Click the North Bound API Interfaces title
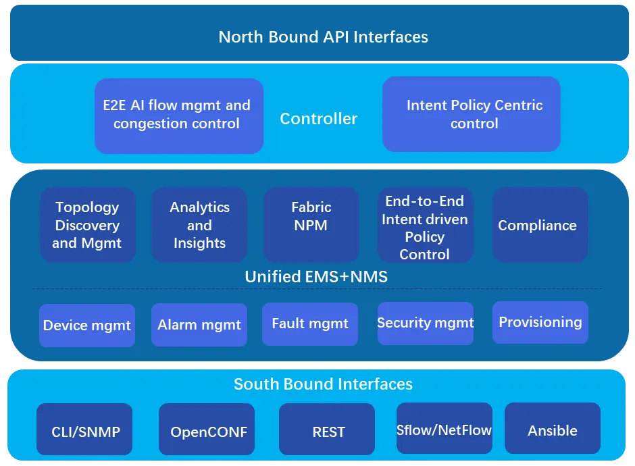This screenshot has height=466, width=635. (323, 37)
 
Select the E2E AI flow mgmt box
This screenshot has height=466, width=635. (179, 115)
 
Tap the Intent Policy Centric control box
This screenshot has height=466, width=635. (472, 114)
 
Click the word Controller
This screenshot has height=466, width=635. (319, 119)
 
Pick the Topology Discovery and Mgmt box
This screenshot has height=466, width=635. (88, 225)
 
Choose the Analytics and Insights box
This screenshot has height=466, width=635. (199, 225)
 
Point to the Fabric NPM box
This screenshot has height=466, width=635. (311, 225)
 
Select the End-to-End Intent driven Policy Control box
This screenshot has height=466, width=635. (425, 225)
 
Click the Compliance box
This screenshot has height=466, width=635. (540, 225)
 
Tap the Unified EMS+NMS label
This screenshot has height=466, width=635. (316, 276)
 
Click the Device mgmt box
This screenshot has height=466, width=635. (87, 326)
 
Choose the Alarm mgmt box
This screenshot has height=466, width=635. (199, 325)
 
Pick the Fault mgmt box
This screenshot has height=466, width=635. (310, 324)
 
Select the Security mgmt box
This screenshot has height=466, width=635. (425, 323)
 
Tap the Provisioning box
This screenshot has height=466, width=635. (540, 322)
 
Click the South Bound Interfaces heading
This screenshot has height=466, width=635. (323, 384)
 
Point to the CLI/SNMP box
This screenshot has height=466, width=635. (84, 429)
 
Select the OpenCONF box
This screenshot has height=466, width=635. (207, 429)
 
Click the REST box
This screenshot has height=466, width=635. (327, 429)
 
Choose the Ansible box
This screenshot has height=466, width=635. (553, 428)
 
